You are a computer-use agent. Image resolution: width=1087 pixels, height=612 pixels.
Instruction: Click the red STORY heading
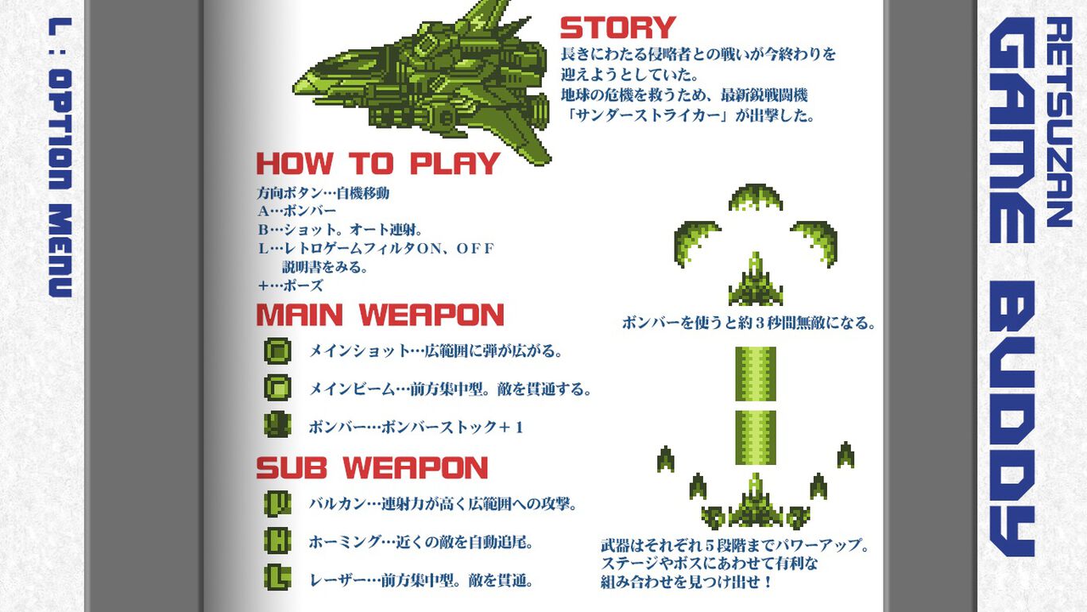click(x=617, y=27)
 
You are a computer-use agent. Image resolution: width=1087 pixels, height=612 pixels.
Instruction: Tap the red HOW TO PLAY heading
click(x=377, y=163)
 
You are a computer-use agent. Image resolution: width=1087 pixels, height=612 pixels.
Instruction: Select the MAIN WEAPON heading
click(x=380, y=315)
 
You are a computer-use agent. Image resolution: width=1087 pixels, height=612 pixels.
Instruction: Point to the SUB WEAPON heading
click(x=372, y=467)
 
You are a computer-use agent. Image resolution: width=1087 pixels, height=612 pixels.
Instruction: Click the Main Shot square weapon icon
click(x=277, y=351)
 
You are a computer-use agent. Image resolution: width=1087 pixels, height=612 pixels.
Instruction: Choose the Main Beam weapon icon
click(x=277, y=388)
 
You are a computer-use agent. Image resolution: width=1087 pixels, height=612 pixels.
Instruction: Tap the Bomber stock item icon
click(x=277, y=425)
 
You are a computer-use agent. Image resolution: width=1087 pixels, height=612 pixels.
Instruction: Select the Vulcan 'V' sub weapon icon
click(x=277, y=503)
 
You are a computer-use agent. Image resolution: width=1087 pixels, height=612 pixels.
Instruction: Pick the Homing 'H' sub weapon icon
click(x=277, y=541)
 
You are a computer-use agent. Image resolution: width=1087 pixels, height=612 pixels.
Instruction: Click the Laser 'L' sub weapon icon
click(x=277, y=578)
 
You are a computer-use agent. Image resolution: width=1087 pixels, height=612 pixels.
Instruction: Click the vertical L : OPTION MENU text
click(x=60, y=157)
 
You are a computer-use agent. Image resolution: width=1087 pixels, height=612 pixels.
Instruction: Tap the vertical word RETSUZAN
click(x=1058, y=122)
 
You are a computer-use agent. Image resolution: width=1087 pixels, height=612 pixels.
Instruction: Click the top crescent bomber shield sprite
click(x=756, y=197)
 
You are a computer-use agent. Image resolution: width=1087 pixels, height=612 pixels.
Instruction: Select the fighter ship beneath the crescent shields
click(x=756, y=279)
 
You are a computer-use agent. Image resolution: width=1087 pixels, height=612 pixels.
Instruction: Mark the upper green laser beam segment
click(x=756, y=374)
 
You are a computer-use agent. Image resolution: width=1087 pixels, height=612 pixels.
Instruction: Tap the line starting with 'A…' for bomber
click(x=297, y=211)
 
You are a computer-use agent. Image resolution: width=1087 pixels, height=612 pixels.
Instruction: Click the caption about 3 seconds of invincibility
click(x=749, y=323)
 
